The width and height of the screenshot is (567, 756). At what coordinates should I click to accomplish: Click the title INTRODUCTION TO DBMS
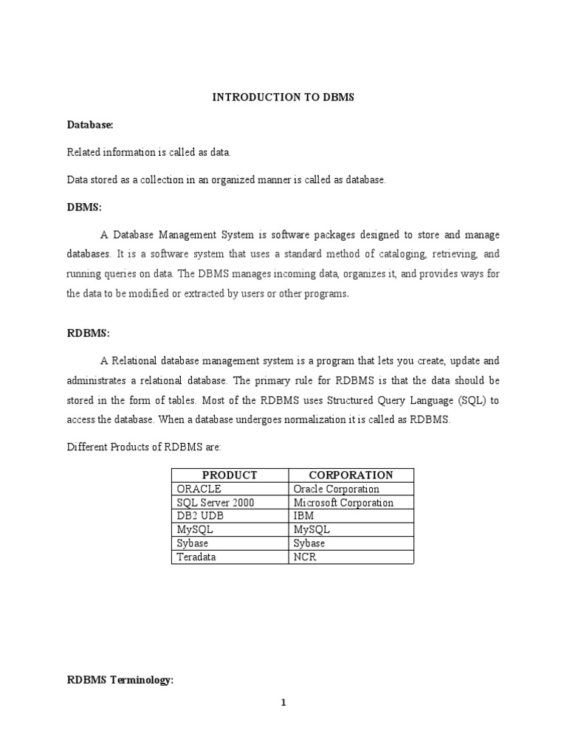[x=283, y=97]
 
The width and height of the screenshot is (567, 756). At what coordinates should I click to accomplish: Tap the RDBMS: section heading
[x=88, y=334]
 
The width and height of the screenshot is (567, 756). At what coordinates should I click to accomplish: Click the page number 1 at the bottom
[x=283, y=702]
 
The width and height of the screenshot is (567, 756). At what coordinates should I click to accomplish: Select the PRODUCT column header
[x=229, y=475]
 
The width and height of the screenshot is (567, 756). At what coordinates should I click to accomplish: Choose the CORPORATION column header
[x=351, y=475]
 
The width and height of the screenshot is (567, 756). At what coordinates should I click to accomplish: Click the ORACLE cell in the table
[x=199, y=489]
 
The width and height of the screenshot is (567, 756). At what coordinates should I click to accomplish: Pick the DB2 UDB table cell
[x=199, y=516]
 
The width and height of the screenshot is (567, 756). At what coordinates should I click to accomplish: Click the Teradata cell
[x=196, y=557]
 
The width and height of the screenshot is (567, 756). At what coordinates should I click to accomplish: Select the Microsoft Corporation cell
[x=343, y=503]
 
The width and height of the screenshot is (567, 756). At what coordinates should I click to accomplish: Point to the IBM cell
[x=303, y=516]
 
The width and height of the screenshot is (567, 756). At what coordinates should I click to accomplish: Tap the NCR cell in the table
[x=304, y=557]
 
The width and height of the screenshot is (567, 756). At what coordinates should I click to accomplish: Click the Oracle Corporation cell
[x=336, y=489]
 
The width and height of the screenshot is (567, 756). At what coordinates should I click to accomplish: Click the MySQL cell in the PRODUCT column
[x=194, y=530]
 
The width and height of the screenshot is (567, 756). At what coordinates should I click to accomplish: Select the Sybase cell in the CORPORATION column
[x=309, y=543]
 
